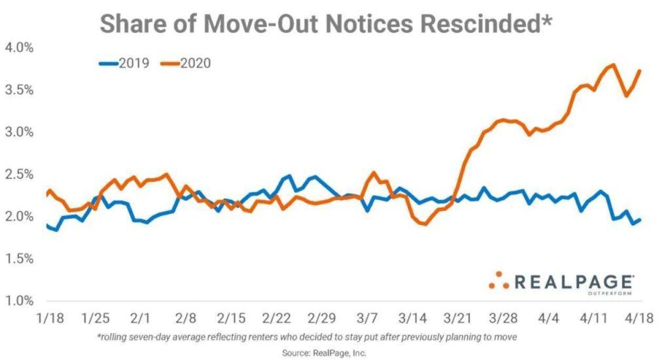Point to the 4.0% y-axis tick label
point(19,48)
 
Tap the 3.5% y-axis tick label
point(19,90)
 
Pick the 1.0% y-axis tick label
point(19,301)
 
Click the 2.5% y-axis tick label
point(19,175)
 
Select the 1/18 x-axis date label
point(50,318)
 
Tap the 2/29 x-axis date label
point(321,318)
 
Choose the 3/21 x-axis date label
point(457,318)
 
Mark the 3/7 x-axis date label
point(367,318)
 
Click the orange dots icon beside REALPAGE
point(499,281)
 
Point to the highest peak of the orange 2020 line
point(613,65)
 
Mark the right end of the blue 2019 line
point(639,220)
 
